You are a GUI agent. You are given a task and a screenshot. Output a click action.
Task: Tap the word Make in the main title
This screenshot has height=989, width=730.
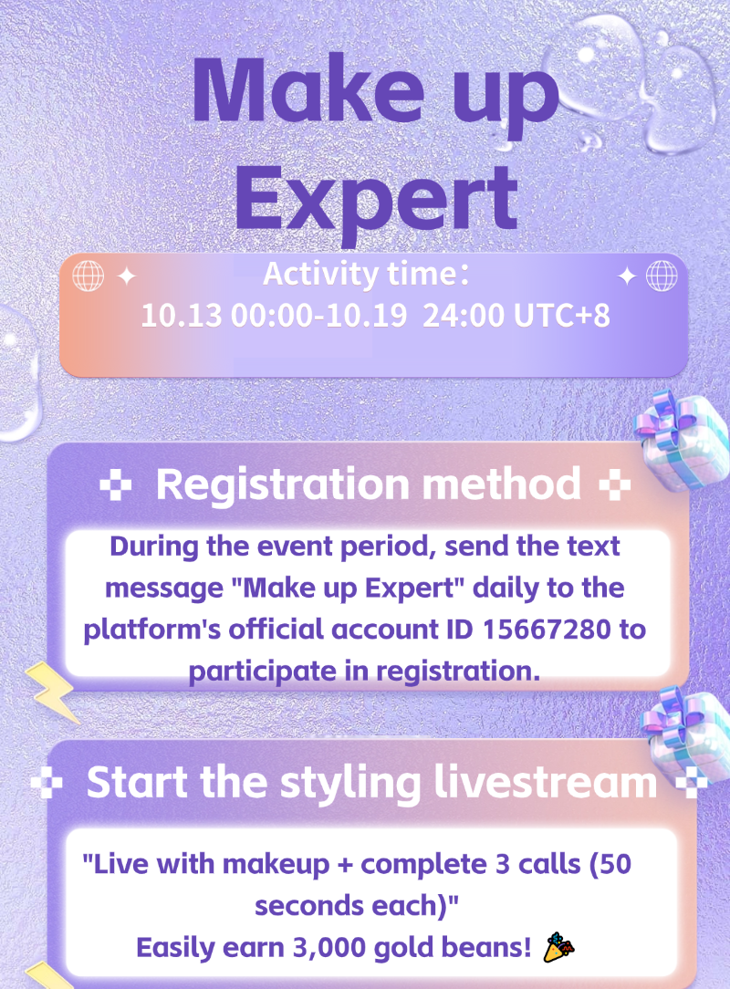[308, 90]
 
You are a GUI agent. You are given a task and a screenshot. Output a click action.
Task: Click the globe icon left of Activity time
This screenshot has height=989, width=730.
[89, 276]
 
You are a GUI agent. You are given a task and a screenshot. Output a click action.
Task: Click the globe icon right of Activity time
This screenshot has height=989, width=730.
[662, 276]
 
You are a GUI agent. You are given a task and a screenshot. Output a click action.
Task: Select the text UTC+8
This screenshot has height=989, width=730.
[562, 316]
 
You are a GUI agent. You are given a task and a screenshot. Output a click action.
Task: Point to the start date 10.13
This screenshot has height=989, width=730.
[181, 316]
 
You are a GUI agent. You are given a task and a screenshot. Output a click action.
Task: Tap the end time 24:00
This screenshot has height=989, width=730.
[464, 316]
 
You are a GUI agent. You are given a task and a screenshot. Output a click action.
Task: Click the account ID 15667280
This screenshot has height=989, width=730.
[547, 630]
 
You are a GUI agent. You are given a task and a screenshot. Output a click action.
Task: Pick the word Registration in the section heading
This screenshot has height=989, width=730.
[283, 485]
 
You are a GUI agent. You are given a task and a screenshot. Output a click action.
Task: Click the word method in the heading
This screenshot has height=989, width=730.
[502, 484]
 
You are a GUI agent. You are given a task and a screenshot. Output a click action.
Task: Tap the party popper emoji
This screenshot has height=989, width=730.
[559, 947]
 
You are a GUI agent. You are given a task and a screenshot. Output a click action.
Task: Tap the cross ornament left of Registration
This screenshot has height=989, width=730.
[116, 484]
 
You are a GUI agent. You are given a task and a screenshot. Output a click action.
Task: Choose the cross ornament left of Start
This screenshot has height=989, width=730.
[47, 783]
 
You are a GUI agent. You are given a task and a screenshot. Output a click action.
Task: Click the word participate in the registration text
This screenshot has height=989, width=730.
[263, 671]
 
